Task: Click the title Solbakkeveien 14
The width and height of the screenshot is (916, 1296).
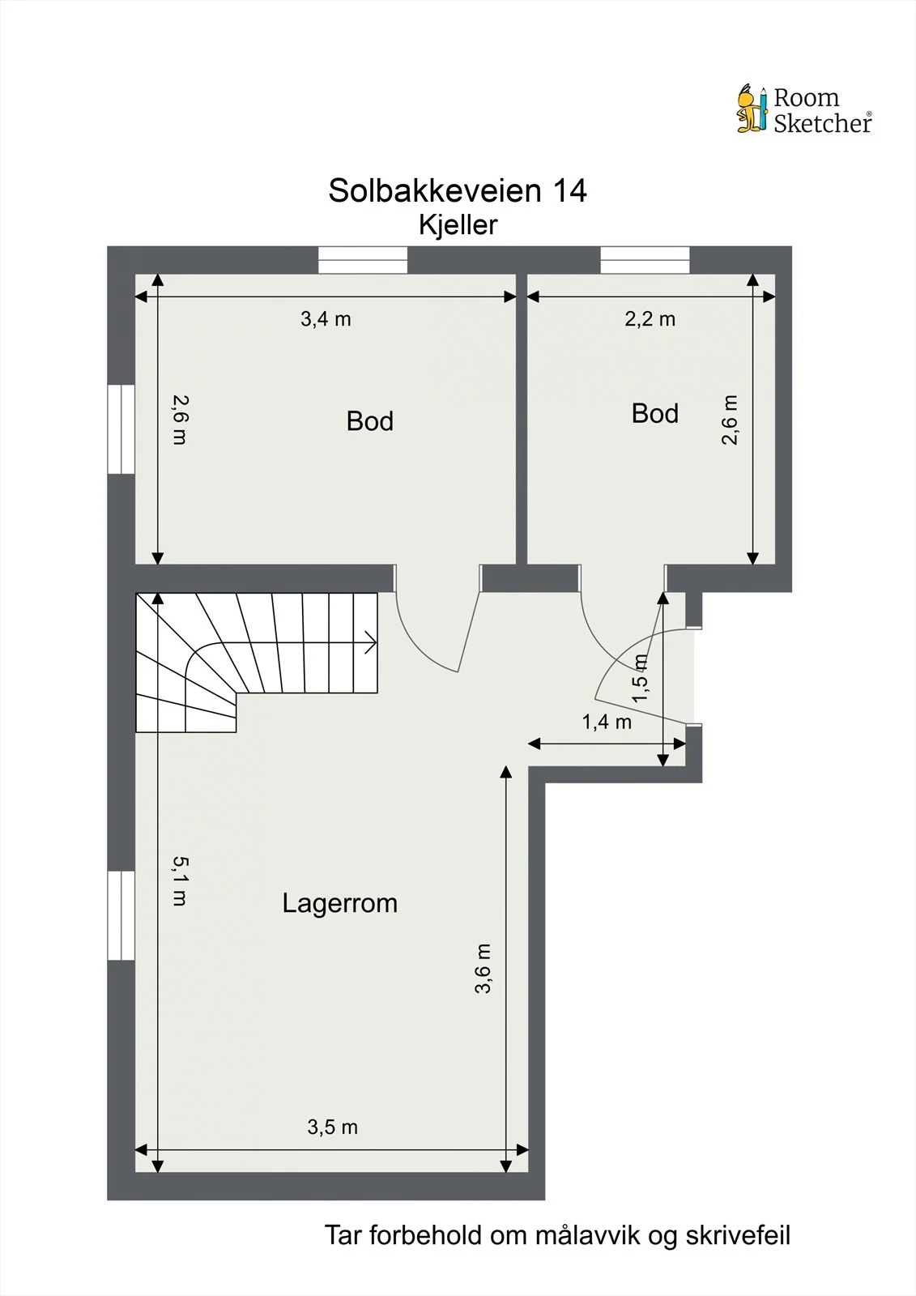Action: tap(458, 190)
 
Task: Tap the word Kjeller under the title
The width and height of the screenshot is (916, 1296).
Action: tap(458, 225)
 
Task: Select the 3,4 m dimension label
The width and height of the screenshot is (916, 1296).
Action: tap(326, 319)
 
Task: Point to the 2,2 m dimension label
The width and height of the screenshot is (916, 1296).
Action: tap(650, 319)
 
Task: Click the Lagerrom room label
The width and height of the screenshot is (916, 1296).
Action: tap(339, 903)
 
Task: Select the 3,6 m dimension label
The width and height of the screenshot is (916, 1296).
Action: tap(483, 969)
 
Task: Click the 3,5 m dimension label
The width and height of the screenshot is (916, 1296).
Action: tap(332, 1127)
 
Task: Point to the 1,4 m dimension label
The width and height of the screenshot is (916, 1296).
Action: tap(607, 722)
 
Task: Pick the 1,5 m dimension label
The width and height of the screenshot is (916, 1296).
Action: tap(640, 678)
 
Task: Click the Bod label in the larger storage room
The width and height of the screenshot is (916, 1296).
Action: tap(370, 421)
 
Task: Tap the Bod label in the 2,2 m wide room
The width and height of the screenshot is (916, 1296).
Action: tap(654, 414)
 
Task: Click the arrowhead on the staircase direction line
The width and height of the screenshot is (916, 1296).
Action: tap(372, 643)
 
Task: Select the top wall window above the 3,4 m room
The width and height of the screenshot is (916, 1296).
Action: tap(363, 260)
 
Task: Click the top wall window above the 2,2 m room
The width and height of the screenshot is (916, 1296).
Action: tap(645, 260)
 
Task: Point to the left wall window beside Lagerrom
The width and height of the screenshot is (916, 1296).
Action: tap(121, 916)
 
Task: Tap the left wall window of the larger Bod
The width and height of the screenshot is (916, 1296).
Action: tap(121, 428)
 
